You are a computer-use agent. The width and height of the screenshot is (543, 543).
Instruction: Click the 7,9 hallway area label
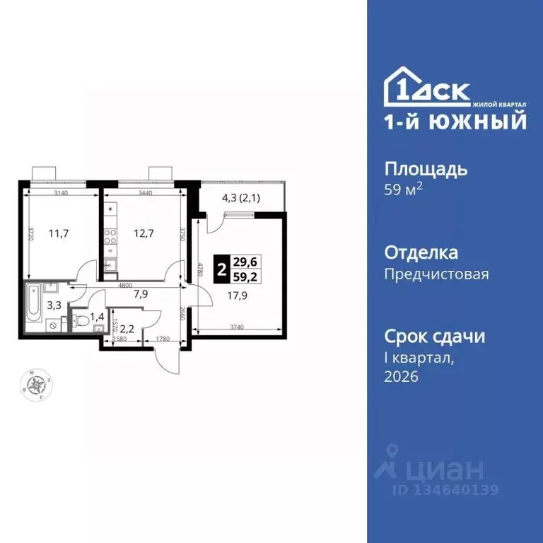(x=140, y=296)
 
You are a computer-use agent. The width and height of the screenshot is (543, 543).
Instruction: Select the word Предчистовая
(x=436, y=274)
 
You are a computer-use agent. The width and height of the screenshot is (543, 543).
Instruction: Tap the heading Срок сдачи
(x=434, y=335)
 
